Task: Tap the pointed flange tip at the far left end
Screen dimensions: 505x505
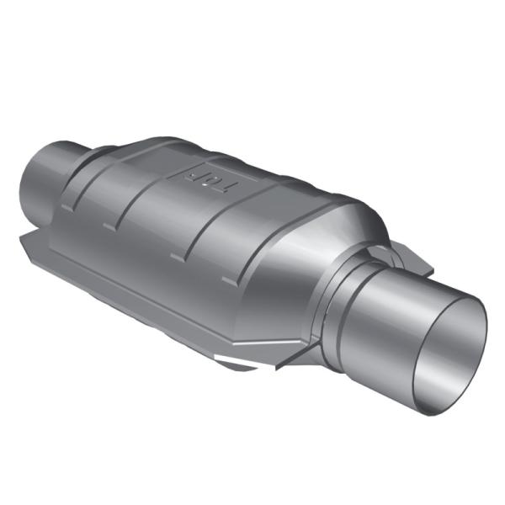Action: coord(24,242)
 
